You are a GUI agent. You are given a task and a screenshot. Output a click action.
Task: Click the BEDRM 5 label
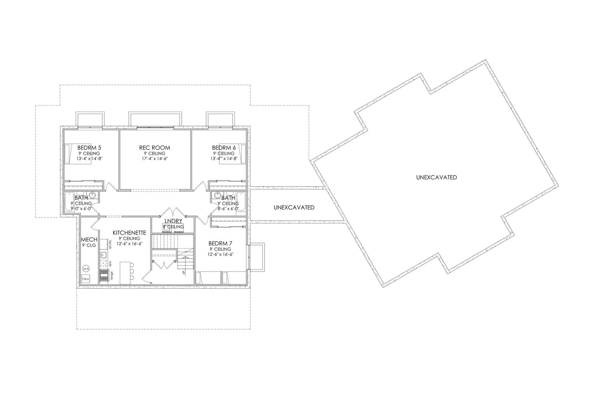tap(89, 148)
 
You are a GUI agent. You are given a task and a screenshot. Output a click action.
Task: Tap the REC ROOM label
tap(155, 148)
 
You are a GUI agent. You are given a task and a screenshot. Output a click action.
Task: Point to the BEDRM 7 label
tap(220, 243)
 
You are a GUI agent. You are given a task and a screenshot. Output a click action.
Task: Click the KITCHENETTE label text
tap(129, 232)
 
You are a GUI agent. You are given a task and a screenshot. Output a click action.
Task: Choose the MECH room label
tap(89, 239)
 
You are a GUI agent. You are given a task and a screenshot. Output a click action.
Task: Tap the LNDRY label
tap(173, 221)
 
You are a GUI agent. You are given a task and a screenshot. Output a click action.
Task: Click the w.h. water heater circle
tap(86, 268)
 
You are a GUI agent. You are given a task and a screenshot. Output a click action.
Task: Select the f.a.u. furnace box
tap(86, 279)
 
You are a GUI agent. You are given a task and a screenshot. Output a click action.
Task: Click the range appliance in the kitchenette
tap(104, 275)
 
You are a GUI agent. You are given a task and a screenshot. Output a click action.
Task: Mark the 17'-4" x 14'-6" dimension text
tap(155, 159)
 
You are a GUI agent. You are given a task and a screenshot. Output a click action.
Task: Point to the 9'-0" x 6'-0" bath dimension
tap(81, 209)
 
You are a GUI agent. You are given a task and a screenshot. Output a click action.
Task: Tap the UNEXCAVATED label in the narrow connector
tap(294, 208)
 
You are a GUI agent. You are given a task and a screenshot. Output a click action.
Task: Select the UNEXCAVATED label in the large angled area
tap(436, 177)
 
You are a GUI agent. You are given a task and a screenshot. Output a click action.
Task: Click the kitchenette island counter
tap(126, 272)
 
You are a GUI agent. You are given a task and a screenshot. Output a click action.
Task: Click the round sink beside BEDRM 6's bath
tap(217, 195)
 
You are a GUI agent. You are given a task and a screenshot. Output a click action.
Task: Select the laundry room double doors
tap(173, 212)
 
